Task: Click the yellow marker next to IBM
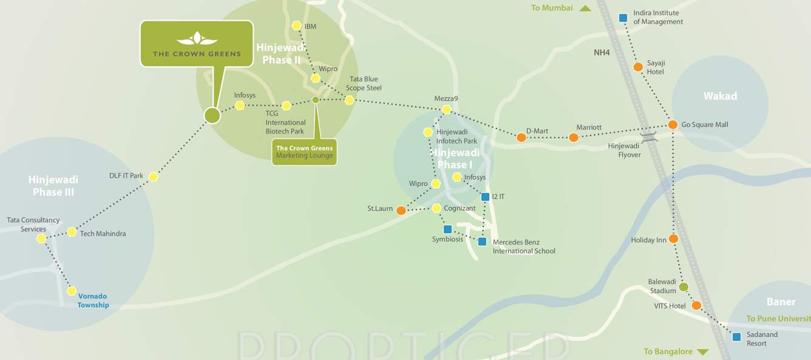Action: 296,25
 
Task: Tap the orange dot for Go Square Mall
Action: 673,125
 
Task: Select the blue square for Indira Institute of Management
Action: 623,18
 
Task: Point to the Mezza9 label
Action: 446,98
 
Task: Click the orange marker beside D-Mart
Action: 521,138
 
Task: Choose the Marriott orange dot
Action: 574,138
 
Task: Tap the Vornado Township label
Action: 93,301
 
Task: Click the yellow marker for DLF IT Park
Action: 154,177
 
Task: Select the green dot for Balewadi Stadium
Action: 684,287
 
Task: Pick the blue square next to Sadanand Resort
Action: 736,337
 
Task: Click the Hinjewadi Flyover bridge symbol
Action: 649,137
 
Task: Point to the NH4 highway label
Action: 602,53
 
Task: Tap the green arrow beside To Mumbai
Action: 585,8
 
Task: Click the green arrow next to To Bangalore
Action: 703,352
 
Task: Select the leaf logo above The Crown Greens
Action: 197,39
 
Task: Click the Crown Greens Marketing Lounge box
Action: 304,152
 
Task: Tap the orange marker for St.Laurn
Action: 401,211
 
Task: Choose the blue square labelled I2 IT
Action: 485,197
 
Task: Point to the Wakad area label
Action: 720,96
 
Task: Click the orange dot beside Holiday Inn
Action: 673,239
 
